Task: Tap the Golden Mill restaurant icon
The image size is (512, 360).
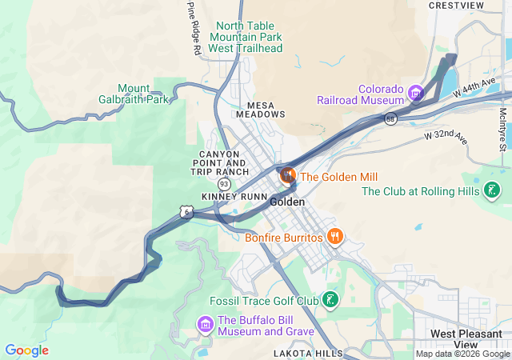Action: (287, 174)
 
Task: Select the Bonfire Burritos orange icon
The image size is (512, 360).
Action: (335, 237)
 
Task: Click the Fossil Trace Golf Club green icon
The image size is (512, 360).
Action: (329, 300)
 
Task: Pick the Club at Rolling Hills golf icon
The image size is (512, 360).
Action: (492, 190)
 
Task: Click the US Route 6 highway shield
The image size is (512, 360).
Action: (186, 211)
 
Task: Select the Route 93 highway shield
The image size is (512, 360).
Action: (224, 184)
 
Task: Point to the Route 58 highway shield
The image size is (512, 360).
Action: (390, 119)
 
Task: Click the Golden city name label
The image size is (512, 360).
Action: (287, 202)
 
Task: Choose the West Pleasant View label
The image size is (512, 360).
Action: (466, 338)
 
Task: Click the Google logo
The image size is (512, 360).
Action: (26, 350)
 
